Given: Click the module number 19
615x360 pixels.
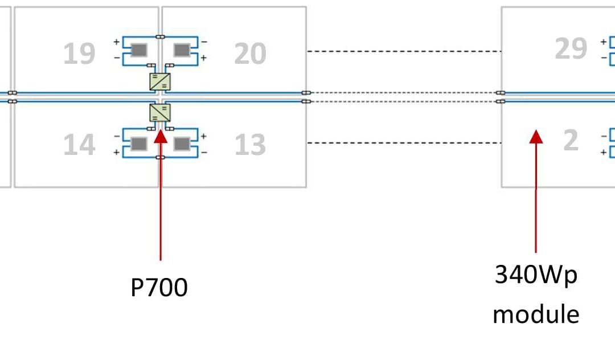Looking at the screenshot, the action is (79, 54).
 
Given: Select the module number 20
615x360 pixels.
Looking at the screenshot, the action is (250, 54).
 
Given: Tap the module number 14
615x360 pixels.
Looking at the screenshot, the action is (79, 144).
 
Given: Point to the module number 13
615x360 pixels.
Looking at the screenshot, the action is (250, 144).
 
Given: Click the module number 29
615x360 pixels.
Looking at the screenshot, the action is (571, 48).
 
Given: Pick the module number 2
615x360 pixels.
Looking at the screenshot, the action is (571, 140).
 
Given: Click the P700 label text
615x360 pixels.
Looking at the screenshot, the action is (159, 288).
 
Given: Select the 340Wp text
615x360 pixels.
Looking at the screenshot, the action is (536, 275).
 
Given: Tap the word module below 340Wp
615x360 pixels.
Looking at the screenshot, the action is (536, 314).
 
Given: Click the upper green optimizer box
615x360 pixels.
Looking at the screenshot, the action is (160, 81).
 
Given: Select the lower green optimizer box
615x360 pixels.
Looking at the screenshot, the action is (160, 113).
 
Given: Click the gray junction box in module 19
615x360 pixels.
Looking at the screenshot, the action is (139, 50).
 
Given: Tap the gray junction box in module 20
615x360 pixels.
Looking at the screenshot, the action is (182, 50).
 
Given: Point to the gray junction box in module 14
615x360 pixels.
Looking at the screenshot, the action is (139, 144).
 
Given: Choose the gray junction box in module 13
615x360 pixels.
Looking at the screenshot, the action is (182, 144).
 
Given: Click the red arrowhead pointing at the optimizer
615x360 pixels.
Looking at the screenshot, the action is (161, 137).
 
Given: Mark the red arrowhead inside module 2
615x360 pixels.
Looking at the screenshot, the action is (536, 137).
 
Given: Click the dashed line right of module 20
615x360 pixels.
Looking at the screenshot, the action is (404, 51).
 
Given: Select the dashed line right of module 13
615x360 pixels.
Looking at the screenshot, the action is (404, 143).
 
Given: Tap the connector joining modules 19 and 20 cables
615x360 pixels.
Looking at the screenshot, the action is (160, 37).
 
